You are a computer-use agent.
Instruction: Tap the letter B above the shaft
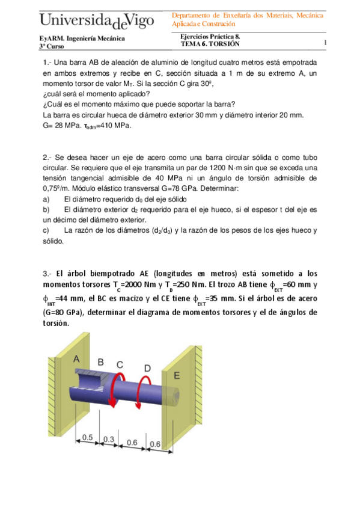(x=100, y=362)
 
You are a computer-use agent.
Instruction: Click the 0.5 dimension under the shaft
(x=88, y=438)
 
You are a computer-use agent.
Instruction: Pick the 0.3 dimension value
(x=109, y=440)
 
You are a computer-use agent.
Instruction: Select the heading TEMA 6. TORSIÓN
(x=210, y=44)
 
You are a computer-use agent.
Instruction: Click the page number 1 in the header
(x=325, y=43)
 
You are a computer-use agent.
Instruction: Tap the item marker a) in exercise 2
(x=47, y=199)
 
